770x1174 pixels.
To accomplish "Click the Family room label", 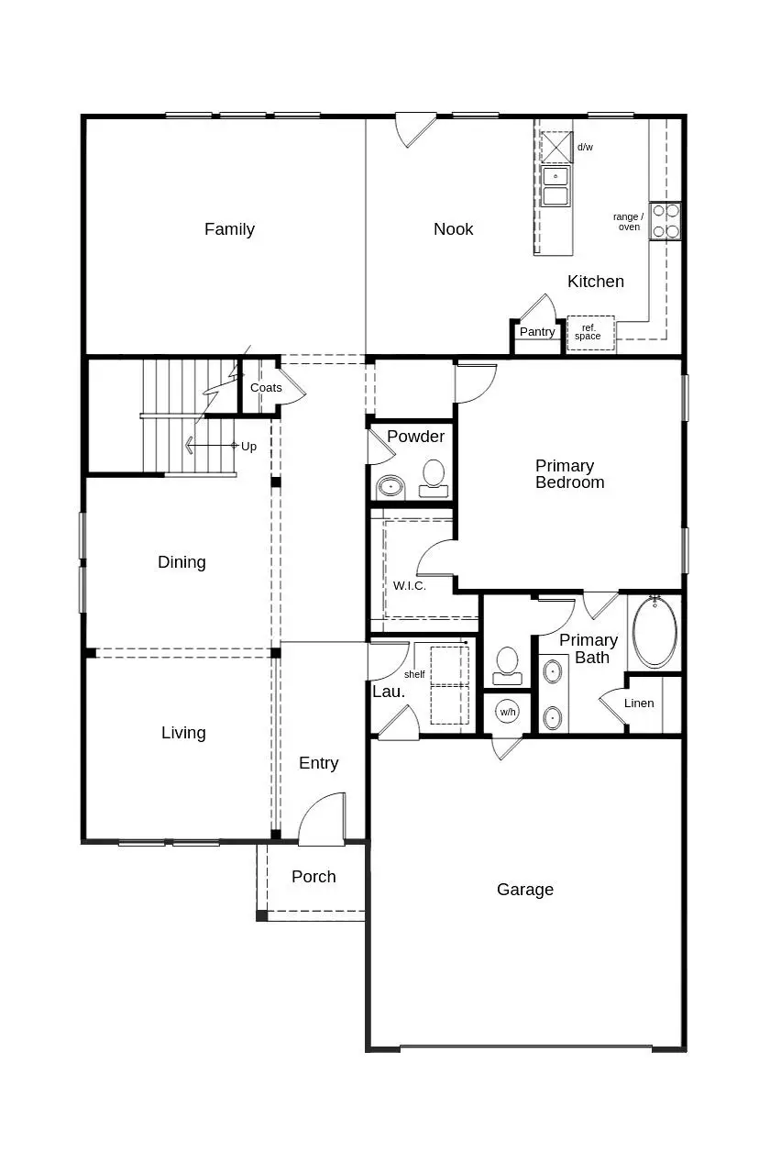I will pos(229,229).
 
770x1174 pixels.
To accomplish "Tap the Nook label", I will pos(453,229).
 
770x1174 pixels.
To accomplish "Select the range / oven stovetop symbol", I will pos(665,221).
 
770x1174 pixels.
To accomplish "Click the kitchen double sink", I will pos(555,186).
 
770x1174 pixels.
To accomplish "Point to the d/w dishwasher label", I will pos(585,147).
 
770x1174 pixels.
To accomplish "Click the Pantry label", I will pos(537,332).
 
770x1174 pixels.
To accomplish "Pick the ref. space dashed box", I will pos(589,332).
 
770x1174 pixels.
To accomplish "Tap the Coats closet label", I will pos(266,388).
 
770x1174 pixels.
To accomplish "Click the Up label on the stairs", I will pos(248,447).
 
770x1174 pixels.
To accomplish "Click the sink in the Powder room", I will pos(391,486).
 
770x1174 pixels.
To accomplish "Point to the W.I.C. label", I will pos(410,585).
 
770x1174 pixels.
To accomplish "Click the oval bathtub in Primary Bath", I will pos(654,633).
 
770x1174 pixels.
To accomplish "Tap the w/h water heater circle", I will pos(507,711).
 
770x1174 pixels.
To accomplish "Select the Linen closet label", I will pos(639,703).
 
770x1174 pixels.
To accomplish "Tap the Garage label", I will pos(525,890).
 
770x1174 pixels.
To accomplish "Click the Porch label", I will pos(313,877).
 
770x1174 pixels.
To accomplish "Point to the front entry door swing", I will pos(321,818).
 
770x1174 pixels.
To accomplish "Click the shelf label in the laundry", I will pos(414,674).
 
